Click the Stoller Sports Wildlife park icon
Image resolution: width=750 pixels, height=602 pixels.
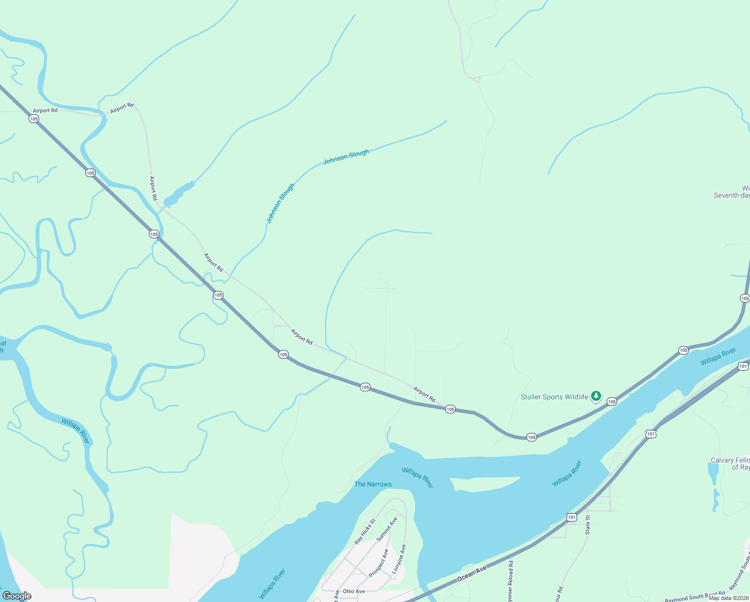pos(596,397)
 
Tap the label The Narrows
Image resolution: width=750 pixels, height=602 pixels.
pos(373,484)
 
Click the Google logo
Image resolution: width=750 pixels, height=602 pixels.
pos(17,596)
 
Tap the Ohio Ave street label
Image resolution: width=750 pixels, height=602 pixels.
pos(354,591)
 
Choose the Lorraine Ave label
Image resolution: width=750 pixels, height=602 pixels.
pos(399,559)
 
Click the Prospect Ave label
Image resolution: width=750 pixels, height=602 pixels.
pos(379,563)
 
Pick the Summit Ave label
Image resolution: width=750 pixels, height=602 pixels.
pos(387,529)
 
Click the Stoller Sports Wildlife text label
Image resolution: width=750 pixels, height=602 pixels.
pos(554,397)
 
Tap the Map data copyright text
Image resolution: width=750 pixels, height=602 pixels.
pos(728,598)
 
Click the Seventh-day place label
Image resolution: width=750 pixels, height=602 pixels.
pos(732,195)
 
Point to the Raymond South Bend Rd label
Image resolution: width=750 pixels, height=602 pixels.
pos(695,597)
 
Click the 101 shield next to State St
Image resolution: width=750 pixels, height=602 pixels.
pos(572,517)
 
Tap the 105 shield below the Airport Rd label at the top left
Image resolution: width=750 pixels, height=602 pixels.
pos(34,119)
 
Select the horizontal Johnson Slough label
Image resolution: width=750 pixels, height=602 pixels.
pos(346,157)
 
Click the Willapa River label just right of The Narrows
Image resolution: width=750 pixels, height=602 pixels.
pos(418,478)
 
